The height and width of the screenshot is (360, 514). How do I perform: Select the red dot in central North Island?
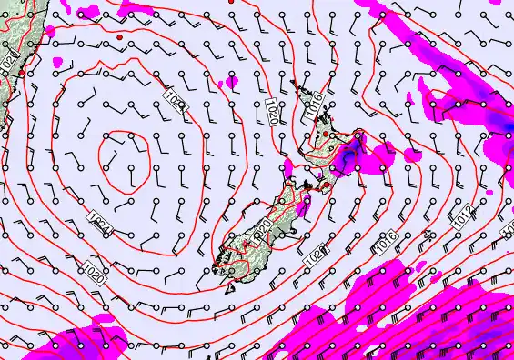325,134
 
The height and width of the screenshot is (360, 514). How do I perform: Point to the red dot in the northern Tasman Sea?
120,37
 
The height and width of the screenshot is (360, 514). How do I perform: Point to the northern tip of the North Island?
296,84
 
